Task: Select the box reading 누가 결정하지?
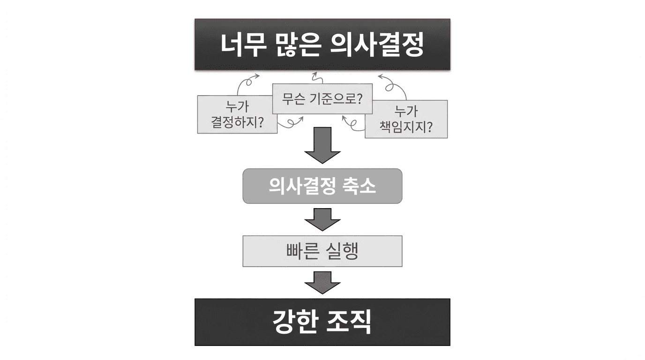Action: tap(237, 115)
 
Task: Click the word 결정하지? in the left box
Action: tap(237, 123)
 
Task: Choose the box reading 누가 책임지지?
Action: tap(406, 119)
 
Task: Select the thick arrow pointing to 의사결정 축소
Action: tap(322, 145)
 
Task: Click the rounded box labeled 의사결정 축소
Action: tap(322, 186)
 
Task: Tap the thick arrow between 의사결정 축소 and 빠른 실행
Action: tap(322, 219)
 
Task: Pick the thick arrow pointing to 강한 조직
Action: tap(322, 283)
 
